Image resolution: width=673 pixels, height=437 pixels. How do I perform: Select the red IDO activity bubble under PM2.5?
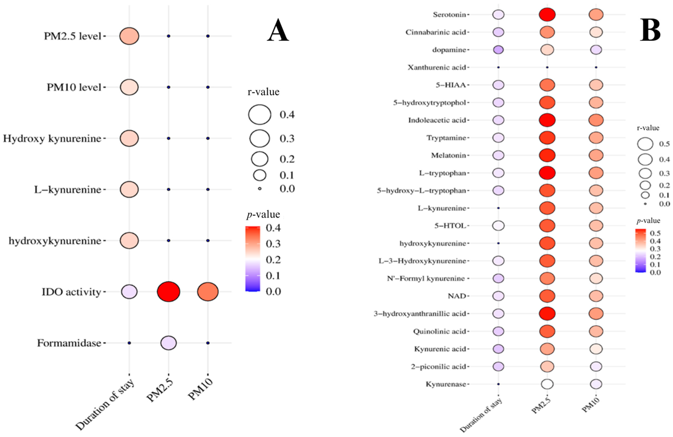168,292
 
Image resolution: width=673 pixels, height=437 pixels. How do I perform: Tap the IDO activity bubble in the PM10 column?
208,292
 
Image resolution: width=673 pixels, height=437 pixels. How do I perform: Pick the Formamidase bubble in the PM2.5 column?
168,343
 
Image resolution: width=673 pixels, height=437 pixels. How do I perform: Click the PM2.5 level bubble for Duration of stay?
129,36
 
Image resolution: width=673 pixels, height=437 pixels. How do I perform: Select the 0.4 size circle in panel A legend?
260,115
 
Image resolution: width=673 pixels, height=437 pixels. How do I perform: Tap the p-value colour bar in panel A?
252,259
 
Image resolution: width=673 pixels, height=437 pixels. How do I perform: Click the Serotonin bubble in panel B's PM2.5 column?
547,14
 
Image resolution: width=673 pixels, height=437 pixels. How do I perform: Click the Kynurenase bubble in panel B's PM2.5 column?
547,384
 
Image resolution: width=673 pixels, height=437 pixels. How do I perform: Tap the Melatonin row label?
448,156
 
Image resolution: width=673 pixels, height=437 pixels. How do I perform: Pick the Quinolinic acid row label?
439,331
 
